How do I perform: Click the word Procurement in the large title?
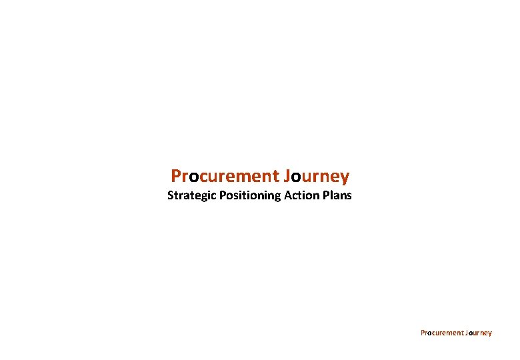pos(225,176)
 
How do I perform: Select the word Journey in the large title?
pos(316,177)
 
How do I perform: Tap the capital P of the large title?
pos(176,176)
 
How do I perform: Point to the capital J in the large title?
pos(287,176)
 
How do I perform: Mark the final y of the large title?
pos(344,178)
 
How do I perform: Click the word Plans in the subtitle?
pos(337,196)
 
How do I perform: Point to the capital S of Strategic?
pos(170,196)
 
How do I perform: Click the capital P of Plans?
pos(325,196)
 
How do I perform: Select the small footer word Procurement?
pos(442,333)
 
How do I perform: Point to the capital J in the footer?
pos(467,333)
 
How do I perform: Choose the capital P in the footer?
pos(423,333)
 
